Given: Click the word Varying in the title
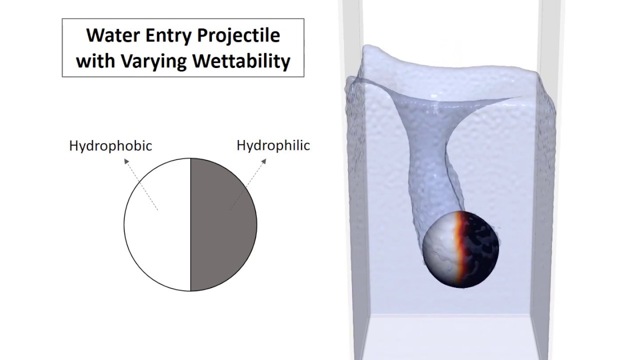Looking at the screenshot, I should [x=155, y=61].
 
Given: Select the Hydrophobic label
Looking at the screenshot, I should [x=110, y=146].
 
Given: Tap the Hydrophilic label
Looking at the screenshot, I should [x=273, y=145].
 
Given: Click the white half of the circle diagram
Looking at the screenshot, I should [x=157, y=235].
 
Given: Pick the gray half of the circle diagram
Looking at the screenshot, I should [x=223, y=235].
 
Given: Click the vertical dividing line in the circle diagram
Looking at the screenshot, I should [x=190, y=225].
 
